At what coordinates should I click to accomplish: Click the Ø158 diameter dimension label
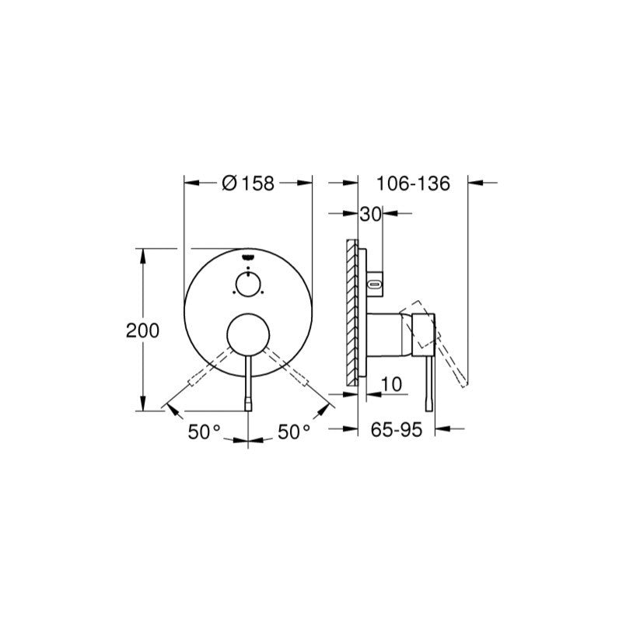coord(248,183)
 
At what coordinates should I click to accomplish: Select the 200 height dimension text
coord(142,330)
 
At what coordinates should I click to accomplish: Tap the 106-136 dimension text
coord(413,183)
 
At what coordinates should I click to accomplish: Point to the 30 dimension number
coord(371,215)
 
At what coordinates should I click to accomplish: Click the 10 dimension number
coord(391,384)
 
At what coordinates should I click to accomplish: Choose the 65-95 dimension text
coord(397,429)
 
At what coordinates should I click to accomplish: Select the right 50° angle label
coord(294,432)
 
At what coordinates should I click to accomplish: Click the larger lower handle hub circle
coord(248,334)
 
